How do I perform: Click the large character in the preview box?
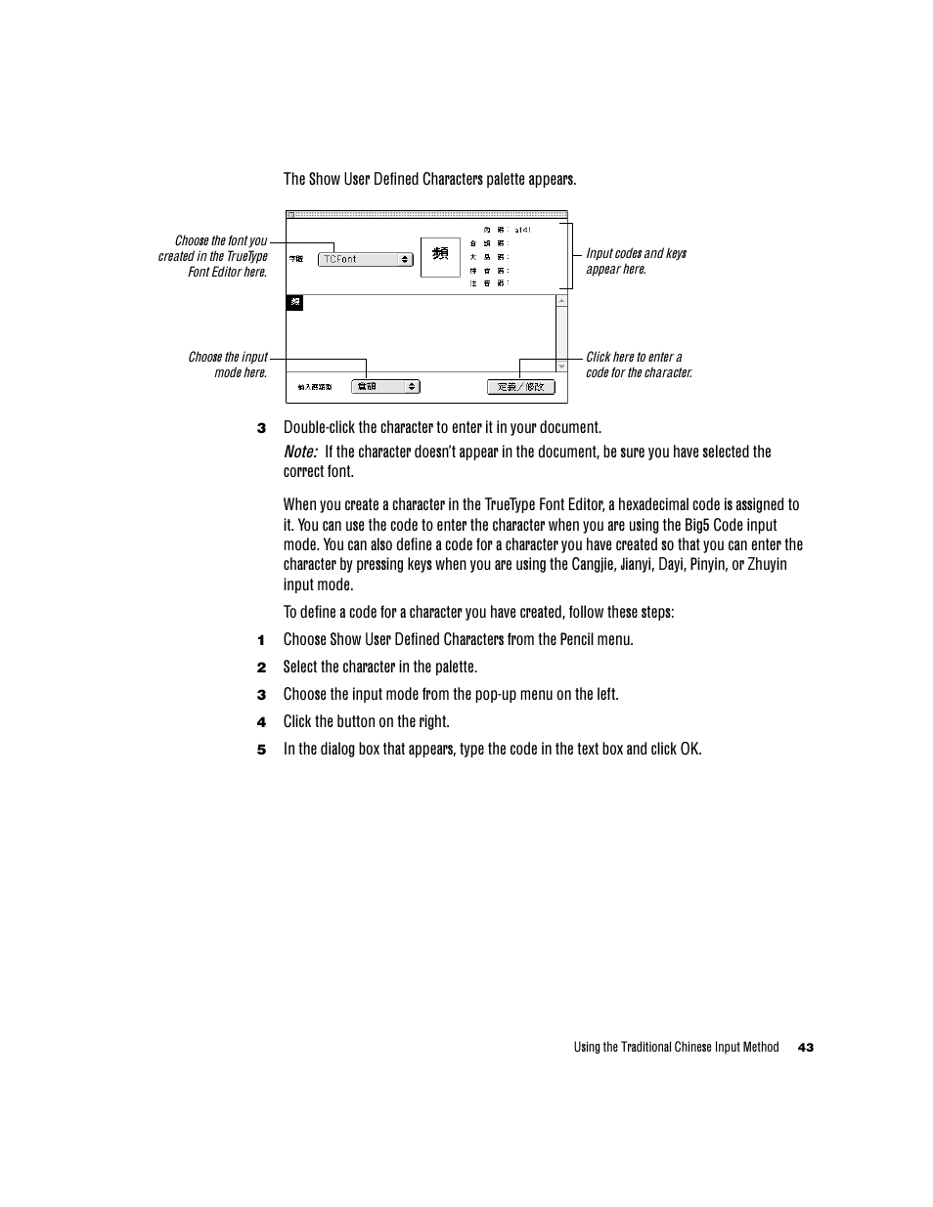(x=440, y=254)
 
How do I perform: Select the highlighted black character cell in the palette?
(x=294, y=303)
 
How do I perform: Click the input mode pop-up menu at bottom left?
(x=385, y=387)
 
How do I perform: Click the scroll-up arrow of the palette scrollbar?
(x=561, y=301)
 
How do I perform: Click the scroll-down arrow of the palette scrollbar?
(x=561, y=366)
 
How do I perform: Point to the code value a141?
(x=522, y=231)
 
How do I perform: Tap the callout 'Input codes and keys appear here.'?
(x=636, y=261)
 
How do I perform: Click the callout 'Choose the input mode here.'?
(x=228, y=365)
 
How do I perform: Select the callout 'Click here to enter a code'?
(x=638, y=365)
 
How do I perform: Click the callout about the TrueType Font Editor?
(x=213, y=256)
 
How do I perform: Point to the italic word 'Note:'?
(x=300, y=452)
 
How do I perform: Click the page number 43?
(x=805, y=1048)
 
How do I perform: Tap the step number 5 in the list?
(x=261, y=750)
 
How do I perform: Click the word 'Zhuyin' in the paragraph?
(x=767, y=564)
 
